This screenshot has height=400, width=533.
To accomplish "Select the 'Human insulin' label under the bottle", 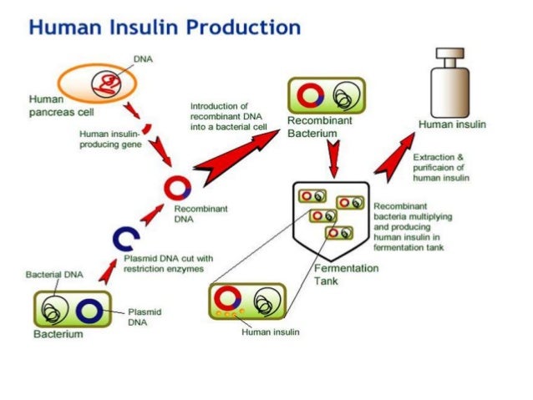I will [x=452, y=124].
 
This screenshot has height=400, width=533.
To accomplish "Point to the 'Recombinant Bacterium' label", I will [x=319, y=127].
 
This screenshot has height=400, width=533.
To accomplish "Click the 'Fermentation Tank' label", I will [x=347, y=275].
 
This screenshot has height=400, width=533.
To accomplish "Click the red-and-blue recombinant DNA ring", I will [x=178, y=187].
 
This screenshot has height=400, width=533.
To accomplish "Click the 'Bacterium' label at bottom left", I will [x=58, y=335].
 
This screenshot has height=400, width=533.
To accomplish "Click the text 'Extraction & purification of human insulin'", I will [x=441, y=167].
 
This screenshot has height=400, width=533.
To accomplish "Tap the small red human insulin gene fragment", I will [x=147, y=129].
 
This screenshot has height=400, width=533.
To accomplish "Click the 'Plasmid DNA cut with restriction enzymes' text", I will [x=169, y=264].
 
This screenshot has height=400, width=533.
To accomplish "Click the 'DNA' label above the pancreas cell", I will [x=143, y=58].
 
